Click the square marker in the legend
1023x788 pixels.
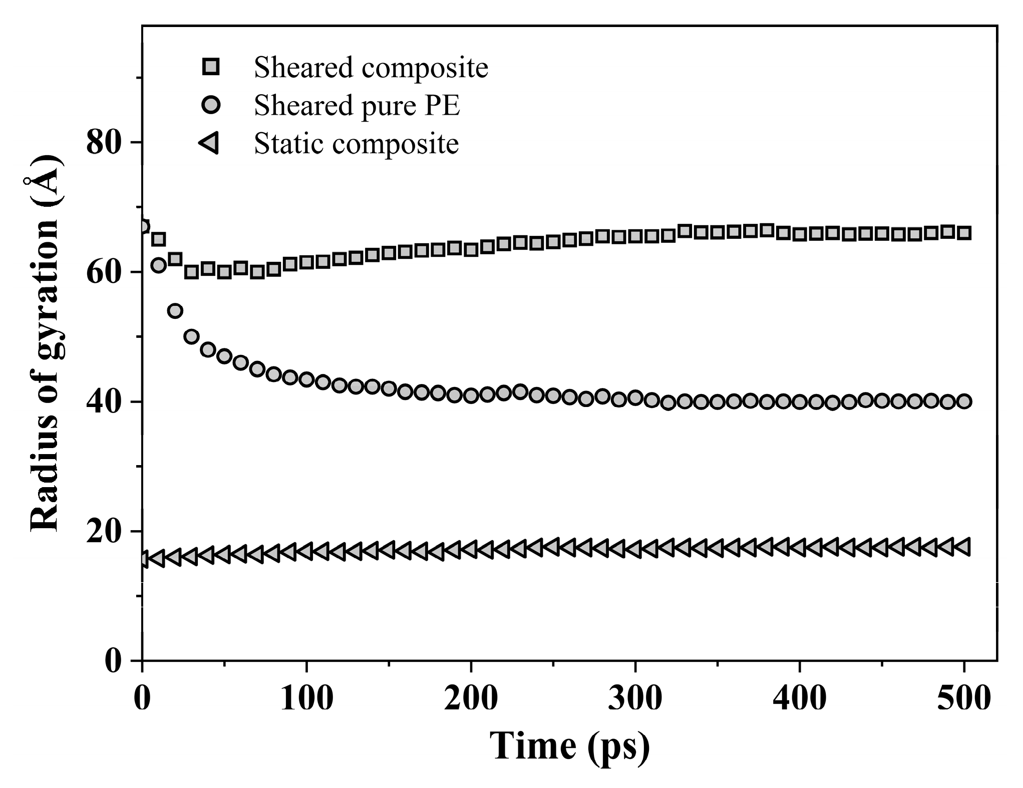click(211, 67)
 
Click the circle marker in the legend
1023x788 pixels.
click(211, 105)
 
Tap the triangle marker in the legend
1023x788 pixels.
click(209, 144)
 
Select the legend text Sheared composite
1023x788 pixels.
click(371, 67)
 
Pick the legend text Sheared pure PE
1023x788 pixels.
click(357, 106)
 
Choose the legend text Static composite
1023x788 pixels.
click(356, 144)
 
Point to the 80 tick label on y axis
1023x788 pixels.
click(104, 143)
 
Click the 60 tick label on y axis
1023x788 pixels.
click(104, 272)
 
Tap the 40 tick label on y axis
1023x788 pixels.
click(104, 402)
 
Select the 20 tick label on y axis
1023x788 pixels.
click(104, 532)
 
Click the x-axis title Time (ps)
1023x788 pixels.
click(569, 746)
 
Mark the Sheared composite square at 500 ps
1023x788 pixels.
click(964, 233)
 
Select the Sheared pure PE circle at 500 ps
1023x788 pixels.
click(964, 402)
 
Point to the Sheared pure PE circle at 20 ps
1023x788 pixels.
click(175, 311)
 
